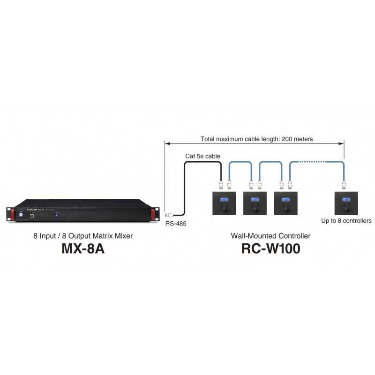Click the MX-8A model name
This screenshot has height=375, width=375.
(83, 248)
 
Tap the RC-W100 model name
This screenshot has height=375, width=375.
(271, 248)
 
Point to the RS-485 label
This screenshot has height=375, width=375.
(176, 224)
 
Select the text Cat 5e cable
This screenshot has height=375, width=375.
(202, 156)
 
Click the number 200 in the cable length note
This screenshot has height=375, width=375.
(287, 139)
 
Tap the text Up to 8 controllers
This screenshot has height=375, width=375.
(346, 221)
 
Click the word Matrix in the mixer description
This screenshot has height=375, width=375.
(102, 236)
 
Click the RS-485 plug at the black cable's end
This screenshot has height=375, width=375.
(169, 216)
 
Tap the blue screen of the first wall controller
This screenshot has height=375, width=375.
(224, 199)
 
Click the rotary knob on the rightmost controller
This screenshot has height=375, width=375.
(346, 209)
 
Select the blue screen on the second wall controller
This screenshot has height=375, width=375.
(255, 199)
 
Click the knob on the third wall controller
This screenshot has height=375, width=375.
(286, 209)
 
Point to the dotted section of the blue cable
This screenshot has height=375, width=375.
(312, 162)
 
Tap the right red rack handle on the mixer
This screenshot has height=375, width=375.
(153, 214)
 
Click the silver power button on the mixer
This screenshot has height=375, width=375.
(21, 215)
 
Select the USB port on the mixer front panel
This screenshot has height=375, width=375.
(32, 216)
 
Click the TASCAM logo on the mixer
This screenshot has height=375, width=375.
(31, 210)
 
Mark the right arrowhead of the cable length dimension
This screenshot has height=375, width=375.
(342, 143)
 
